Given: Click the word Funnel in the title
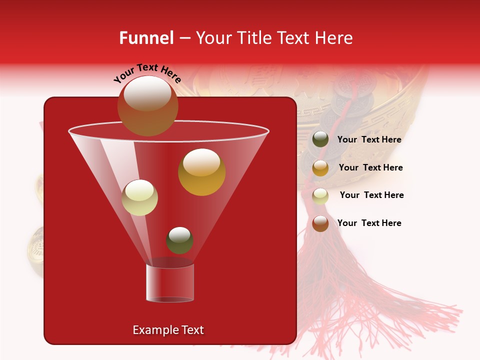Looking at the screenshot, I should point(146,38).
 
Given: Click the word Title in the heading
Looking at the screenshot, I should point(253,38).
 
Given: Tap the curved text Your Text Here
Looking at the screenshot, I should point(147,73).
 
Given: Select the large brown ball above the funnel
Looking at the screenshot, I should point(147,105).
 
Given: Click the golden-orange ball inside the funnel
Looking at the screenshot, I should point(201,172).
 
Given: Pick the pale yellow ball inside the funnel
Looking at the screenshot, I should point(139,197).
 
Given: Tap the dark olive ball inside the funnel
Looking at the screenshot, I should point(179,240).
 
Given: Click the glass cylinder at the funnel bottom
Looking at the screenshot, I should point(169,283).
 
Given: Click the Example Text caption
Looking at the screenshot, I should point(168,330).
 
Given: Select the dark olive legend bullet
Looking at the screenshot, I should point(320,139).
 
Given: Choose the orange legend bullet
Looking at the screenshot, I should point(320,168).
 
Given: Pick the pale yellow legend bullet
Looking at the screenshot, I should point(320,196).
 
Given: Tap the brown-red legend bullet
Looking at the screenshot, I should point(320,223).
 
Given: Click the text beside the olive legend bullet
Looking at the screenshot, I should point(369,140).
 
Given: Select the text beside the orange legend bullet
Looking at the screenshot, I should point(370,167).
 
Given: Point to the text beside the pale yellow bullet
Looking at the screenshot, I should point(371,195).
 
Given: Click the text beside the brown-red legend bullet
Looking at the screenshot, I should point(369,223).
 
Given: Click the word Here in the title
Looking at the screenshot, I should point(333,38).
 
